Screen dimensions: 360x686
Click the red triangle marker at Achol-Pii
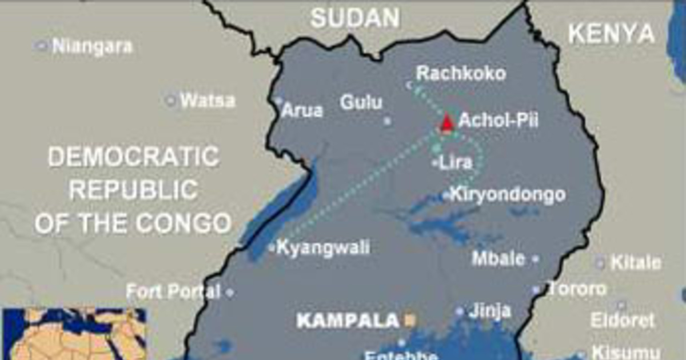click(447, 122)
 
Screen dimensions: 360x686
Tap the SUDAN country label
click(355, 18)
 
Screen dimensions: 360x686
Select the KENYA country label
click(611, 34)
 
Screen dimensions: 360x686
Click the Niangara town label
click(92, 46)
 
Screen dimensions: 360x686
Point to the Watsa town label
click(208, 101)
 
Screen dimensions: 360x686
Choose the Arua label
click(302, 110)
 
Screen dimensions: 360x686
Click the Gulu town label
click(361, 103)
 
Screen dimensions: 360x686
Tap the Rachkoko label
click(461, 74)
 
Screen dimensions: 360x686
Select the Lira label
click(456, 163)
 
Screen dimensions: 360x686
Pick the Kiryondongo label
click(508, 195)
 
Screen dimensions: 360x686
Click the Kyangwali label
click(323, 247)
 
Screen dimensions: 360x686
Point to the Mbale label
click(498, 258)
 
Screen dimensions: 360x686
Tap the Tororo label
click(577, 289)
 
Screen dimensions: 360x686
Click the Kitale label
click(636, 263)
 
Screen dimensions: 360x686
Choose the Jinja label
click(489, 311)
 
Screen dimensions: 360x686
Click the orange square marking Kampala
click(409, 321)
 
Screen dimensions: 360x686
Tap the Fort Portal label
click(173, 292)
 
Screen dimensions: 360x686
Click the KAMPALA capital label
click(348, 321)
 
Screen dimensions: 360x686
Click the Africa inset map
click(74, 334)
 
